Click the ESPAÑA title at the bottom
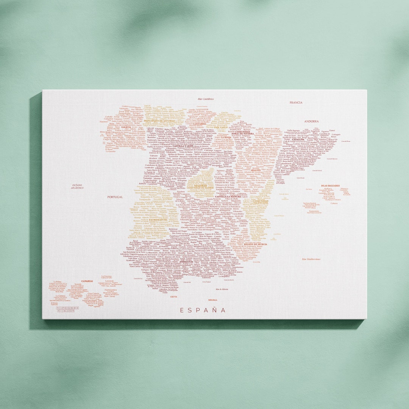point(203,310)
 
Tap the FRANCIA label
point(296,103)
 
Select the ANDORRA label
point(311,122)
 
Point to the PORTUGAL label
point(115,197)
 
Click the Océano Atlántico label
point(77,186)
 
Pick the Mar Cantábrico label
point(206,99)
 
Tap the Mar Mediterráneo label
point(311,259)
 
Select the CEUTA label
point(174,297)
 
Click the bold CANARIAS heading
point(87,281)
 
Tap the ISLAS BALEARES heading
point(330,186)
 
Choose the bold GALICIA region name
point(126,127)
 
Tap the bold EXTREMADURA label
point(158,220)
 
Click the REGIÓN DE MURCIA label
point(256,244)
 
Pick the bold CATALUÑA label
point(298,139)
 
